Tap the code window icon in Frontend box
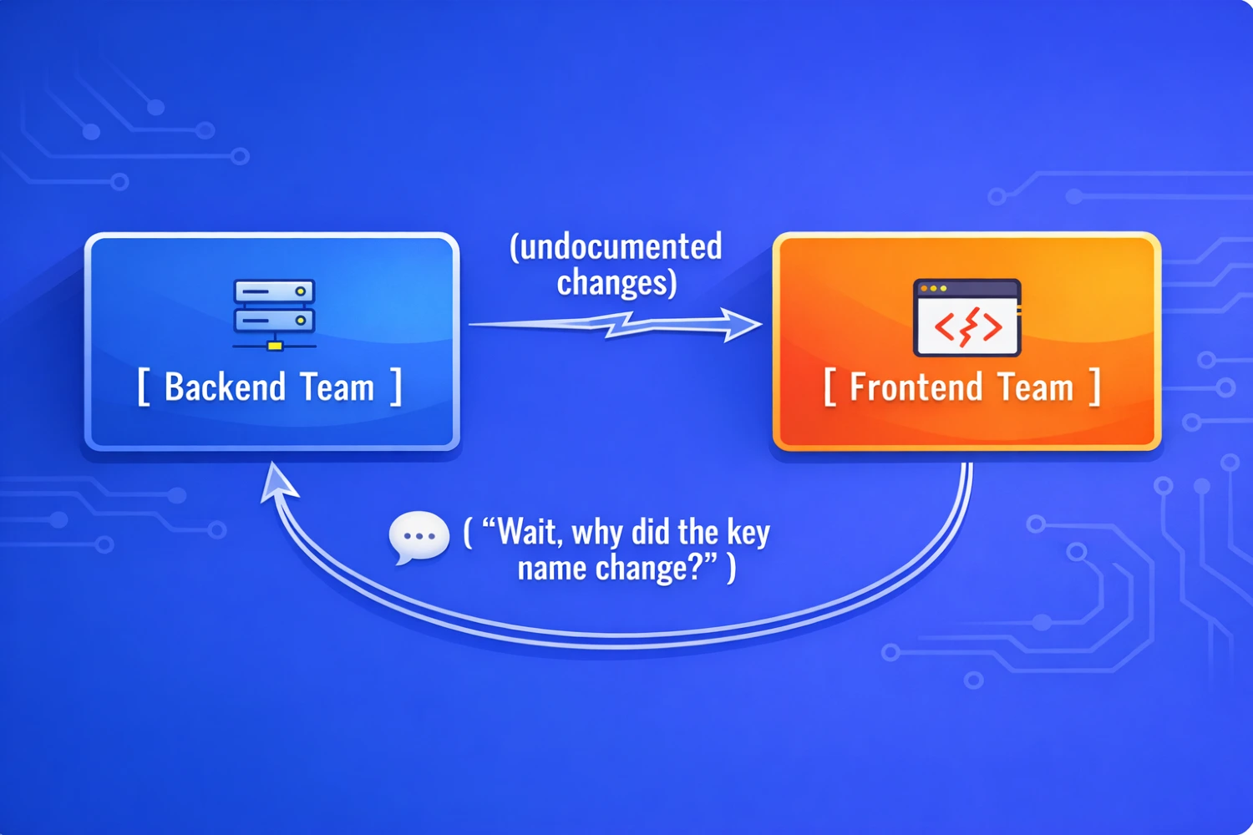click(966, 317)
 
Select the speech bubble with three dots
click(419, 537)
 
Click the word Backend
click(226, 387)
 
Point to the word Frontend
click(916, 387)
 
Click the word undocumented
click(616, 247)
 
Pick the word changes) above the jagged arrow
click(616, 284)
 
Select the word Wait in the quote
click(530, 532)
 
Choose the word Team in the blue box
click(337, 387)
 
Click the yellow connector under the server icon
click(275, 346)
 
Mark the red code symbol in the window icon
click(967, 327)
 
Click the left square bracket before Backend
click(144, 387)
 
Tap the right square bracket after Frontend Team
click(1094, 387)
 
